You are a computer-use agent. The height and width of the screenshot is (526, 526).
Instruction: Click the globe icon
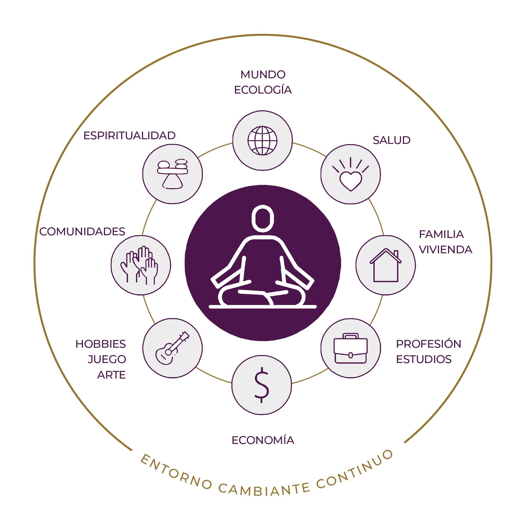(x=262, y=141)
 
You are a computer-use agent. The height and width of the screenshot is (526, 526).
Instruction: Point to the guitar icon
(x=172, y=348)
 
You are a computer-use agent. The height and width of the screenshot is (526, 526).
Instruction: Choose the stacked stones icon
(x=172, y=174)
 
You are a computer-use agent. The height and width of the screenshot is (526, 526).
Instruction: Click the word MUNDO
(x=263, y=74)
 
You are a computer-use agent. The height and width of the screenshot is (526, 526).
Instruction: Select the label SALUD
(x=391, y=140)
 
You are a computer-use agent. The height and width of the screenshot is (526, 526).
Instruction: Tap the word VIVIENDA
(x=445, y=250)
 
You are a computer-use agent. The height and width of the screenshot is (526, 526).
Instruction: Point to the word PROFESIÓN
(x=428, y=344)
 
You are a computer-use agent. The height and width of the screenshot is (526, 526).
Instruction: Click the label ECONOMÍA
(x=263, y=440)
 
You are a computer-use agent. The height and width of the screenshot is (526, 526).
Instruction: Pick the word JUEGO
(x=107, y=359)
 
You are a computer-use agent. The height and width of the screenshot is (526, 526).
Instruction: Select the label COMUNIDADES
(x=82, y=232)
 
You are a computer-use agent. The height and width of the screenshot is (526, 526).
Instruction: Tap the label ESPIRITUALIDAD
(x=129, y=136)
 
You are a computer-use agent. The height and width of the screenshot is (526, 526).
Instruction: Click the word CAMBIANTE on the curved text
(x=264, y=490)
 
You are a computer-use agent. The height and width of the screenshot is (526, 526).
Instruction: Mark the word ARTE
(x=111, y=375)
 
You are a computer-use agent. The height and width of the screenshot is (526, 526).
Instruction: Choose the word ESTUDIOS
(x=423, y=359)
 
